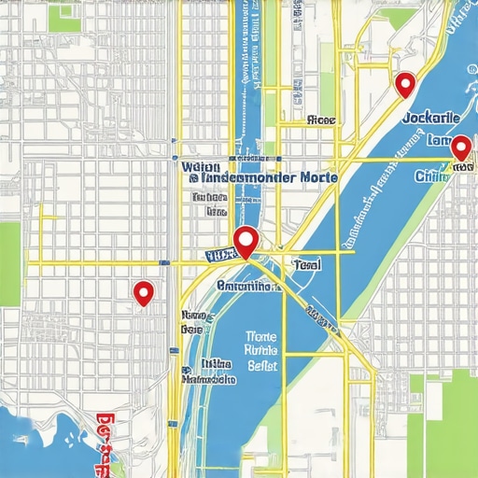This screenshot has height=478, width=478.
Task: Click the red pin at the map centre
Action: pos(246,241)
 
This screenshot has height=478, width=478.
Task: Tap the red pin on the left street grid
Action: pos(143,293)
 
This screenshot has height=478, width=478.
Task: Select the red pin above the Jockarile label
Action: pos(404,84)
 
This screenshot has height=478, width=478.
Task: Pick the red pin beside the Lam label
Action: pos(459,148)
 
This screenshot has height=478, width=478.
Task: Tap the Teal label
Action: pos(306,265)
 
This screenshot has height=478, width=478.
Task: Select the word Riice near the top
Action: pos(320,120)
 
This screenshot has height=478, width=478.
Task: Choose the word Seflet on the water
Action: pos(262,367)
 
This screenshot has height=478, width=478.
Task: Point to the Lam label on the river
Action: pos(437,141)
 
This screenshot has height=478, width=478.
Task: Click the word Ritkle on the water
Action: pos(262,351)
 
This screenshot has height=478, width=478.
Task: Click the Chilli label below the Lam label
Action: pos(431,176)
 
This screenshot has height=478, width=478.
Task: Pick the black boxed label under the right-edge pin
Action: pos(459,167)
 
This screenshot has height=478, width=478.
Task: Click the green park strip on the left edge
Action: pos(9,261)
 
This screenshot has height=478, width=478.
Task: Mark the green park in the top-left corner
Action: pos(65,17)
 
